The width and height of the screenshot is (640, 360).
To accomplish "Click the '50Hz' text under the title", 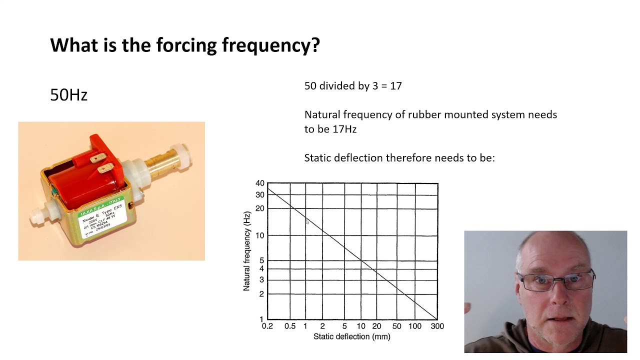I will pyautogui.click(x=69, y=95).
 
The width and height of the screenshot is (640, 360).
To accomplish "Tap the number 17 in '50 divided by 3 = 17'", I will pyautogui.click(x=396, y=86).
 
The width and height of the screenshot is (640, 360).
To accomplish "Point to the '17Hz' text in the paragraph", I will pyautogui.click(x=344, y=129).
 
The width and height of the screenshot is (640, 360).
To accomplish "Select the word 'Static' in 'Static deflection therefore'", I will pyautogui.click(x=317, y=158).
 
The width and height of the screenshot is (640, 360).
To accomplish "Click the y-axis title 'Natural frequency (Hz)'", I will pyautogui.click(x=247, y=251).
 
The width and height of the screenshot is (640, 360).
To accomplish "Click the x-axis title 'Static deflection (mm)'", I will pyautogui.click(x=351, y=336).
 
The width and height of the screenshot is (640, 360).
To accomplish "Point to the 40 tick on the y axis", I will pyautogui.click(x=260, y=183).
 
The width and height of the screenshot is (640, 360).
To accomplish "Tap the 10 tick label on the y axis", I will pyautogui.click(x=260, y=235).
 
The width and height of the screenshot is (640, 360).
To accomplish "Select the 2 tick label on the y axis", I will pyautogui.click(x=261, y=294).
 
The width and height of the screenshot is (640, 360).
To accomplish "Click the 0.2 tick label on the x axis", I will pyautogui.click(x=267, y=326).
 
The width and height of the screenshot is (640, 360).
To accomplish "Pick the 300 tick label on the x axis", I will pyautogui.click(x=437, y=326).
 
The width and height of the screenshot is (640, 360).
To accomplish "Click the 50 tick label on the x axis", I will pyautogui.click(x=396, y=326).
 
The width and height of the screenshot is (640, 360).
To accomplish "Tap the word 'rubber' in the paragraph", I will pyautogui.click(x=424, y=114).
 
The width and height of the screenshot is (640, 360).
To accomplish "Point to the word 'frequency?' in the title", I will pyautogui.click(x=271, y=45).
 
